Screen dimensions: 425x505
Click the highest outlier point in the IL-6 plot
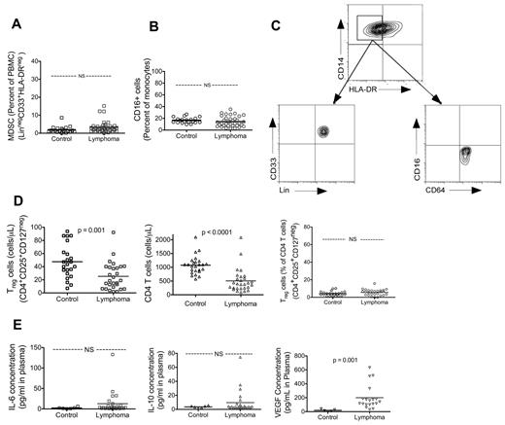[113, 354]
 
